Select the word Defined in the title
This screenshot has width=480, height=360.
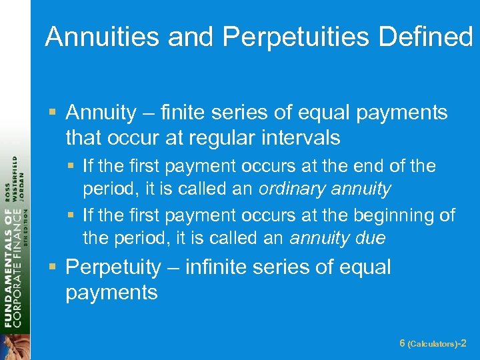click(x=425, y=37)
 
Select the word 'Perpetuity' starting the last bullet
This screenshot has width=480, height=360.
click(x=113, y=267)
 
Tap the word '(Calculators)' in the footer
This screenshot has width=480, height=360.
click(x=433, y=344)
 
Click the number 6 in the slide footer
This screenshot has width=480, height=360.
click(x=402, y=343)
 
